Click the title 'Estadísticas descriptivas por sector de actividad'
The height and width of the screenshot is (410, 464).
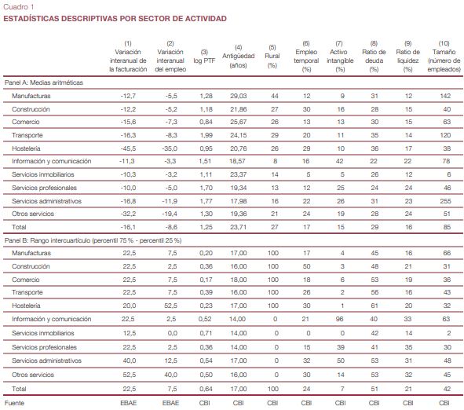pyautogui.click(x=115, y=18)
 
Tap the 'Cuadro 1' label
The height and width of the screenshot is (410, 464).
pyautogui.click(x=19, y=6)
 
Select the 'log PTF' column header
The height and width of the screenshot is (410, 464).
pyautogui.click(x=204, y=57)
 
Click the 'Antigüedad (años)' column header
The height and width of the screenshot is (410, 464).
pyautogui.click(x=238, y=57)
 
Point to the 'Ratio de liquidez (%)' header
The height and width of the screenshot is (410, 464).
pyautogui.click(x=407, y=57)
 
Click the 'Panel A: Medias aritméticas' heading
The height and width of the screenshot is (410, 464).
pyautogui.click(x=44, y=82)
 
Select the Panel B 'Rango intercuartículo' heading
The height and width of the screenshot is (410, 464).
pyautogui.click(x=93, y=240)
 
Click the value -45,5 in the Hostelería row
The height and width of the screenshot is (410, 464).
pyautogui.click(x=128, y=148)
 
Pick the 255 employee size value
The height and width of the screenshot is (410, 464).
pyautogui.click(x=445, y=201)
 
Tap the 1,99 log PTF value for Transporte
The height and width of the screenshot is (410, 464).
pyautogui.click(x=206, y=135)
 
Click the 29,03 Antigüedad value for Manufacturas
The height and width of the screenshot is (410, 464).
pyautogui.click(x=238, y=96)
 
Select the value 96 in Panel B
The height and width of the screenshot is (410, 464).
pyautogui.click(x=339, y=319)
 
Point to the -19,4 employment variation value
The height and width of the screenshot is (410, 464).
pyautogui.click(x=170, y=214)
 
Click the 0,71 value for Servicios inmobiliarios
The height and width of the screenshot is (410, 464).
pyautogui.click(x=206, y=333)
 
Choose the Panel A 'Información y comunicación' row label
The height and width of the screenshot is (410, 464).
pyautogui.click(x=52, y=161)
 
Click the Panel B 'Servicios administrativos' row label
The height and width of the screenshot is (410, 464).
pyautogui.click(x=47, y=361)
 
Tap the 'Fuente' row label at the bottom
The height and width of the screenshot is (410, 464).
pyautogui.click(x=14, y=403)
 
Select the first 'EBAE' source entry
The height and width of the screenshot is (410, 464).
pyautogui.click(x=129, y=403)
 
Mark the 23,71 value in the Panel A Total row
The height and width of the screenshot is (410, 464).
pyautogui.click(x=238, y=227)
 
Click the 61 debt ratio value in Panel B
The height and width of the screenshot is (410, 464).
pyautogui.click(x=374, y=306)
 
